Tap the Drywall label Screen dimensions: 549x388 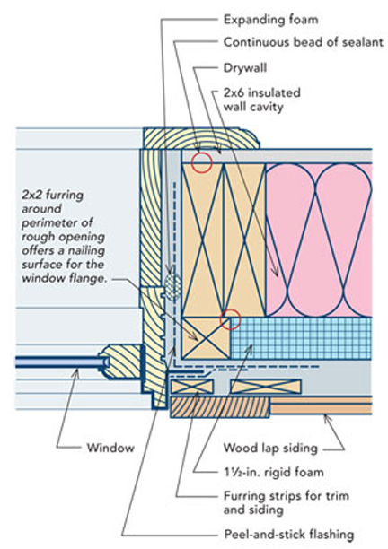tap(242, 67)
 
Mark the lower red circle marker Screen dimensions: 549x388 tap(231, 318)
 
